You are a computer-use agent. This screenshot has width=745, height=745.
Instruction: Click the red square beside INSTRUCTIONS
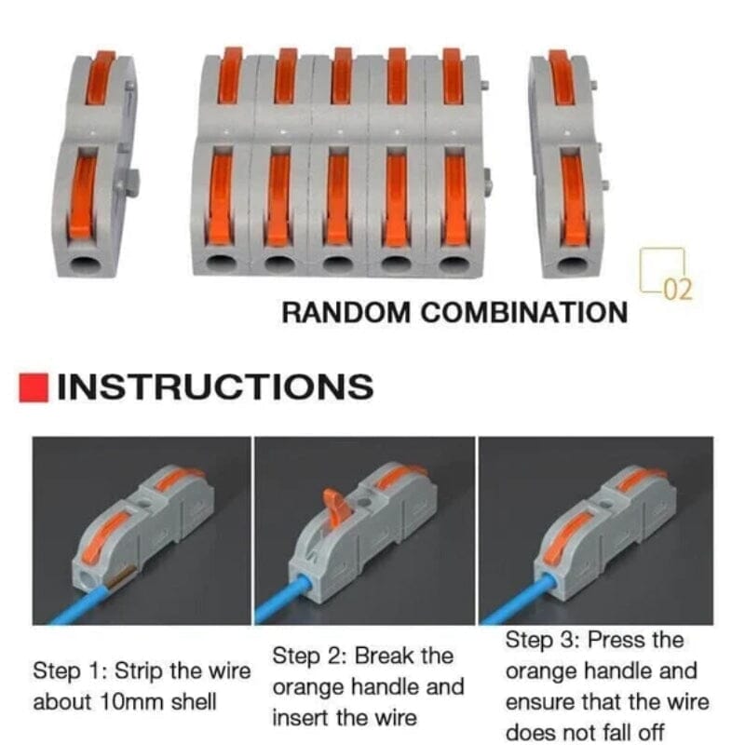pyautogui.click(x=34, y=387)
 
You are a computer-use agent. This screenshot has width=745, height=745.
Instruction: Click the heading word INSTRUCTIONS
pyautogui.click(x=215, y=386)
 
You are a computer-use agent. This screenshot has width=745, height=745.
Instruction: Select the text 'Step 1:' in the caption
pyautogui.click(x=66, y=671)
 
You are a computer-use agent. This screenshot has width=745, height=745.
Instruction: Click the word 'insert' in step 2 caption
pyautogui.click(x=301, y=718)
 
